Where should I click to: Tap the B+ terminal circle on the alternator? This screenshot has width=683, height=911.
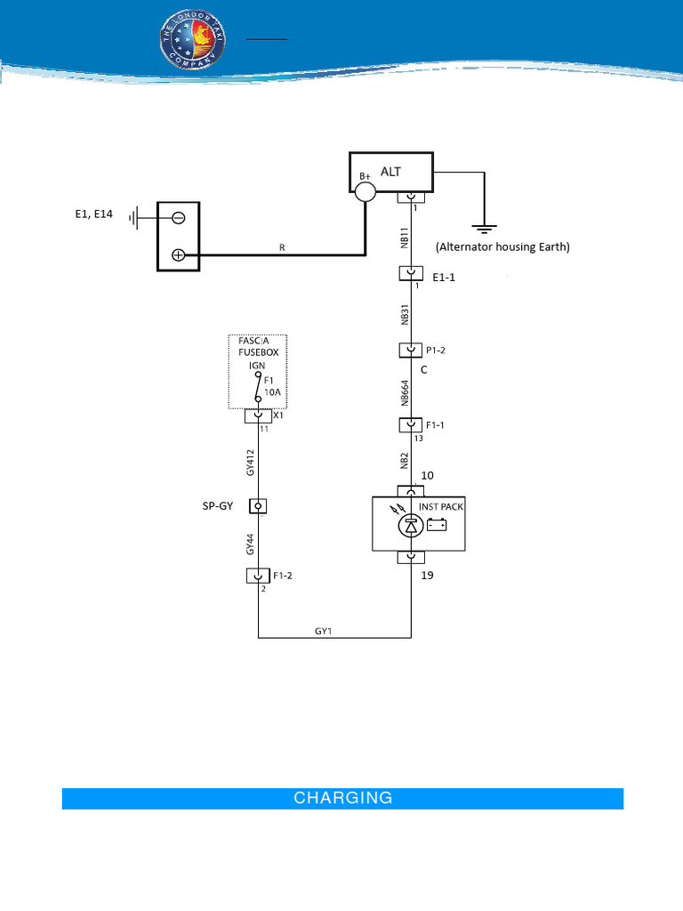(x=365, y=192)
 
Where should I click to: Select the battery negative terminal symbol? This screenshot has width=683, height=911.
(x=178, y=218)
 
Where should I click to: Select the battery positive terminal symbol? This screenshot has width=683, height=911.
(x=178, y=255)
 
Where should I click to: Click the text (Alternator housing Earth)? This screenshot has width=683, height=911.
(x=502, y=247)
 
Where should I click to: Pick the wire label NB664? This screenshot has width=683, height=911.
(x=405, y=391)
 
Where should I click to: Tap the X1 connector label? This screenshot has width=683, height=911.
(x=278, y=415)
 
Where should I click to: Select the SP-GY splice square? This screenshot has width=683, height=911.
(x=258, y=506)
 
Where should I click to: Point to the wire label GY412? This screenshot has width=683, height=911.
(x=252, y=462)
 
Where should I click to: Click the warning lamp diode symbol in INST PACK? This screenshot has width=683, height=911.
(x=411, y=525)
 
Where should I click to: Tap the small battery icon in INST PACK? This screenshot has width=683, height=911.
(x=437, y=524)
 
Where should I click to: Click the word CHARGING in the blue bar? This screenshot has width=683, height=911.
(x=342, y=798)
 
